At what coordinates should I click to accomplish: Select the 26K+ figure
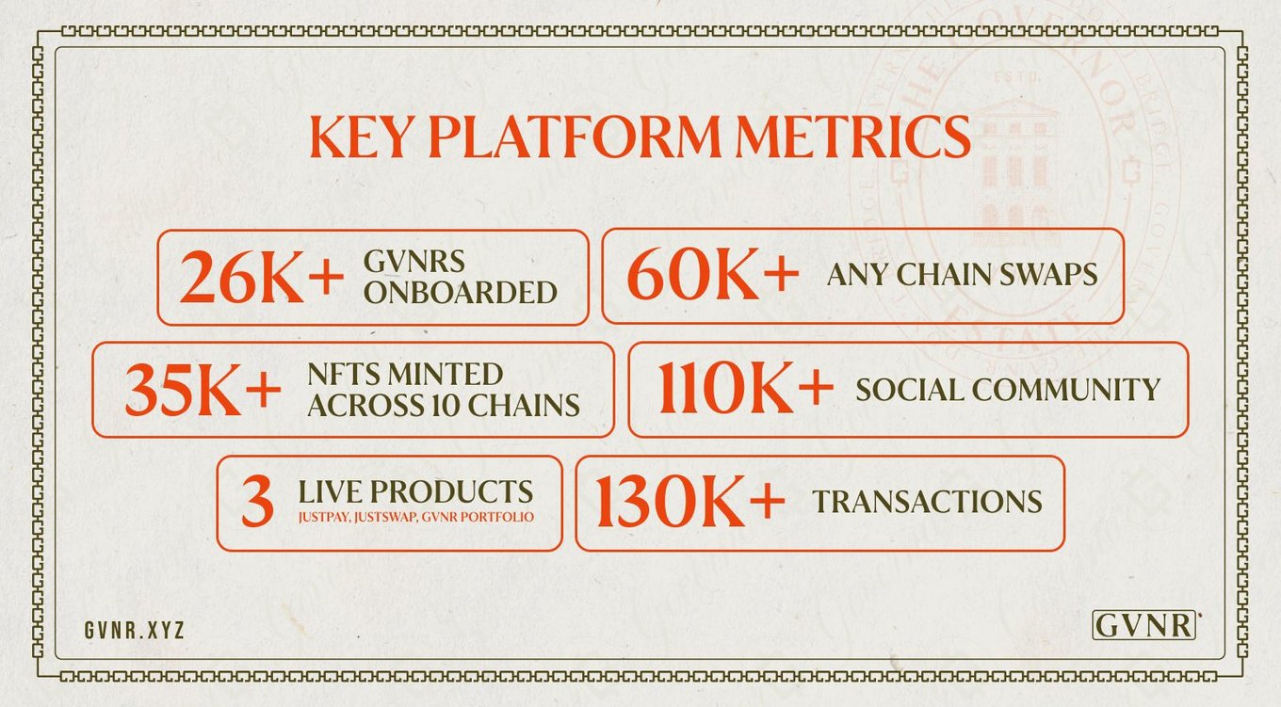pyautogui.click(x=262, y=277)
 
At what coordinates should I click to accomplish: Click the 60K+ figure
pyautogui.click(x=712, y=275)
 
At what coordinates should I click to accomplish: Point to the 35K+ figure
pyautogui.click(x=203, y=391)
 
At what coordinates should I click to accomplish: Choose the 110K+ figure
pyautogui.click(x=745, y=388)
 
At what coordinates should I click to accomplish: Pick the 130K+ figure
pyautogui.click(x=689, y=502)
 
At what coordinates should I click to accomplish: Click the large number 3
pyautogui.click(x=257, y=503)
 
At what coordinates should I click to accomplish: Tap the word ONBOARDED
pyautogui.click(x=461, y=293)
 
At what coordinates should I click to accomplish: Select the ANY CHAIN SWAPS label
pyautogui.click(x=962, y=274)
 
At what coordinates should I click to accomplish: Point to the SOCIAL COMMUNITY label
pyautogui.click(x=1008, y=390)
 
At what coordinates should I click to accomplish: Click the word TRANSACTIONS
pyautogui.click(x=928, y=501)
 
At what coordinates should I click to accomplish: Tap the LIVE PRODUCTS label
pyautogui.click(x=415, y=491)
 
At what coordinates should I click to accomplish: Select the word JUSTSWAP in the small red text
pyautogui.click(x=386, y=517)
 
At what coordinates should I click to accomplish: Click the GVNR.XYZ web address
pyautogui.click(x=135, y=631)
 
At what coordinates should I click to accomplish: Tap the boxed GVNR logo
pyautogui.click(x=1143, y=625)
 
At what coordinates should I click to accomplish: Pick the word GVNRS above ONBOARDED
pyautogui.click(x=414, y=262)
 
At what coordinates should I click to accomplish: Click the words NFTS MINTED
pyautogui.click(x=405, y=375)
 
